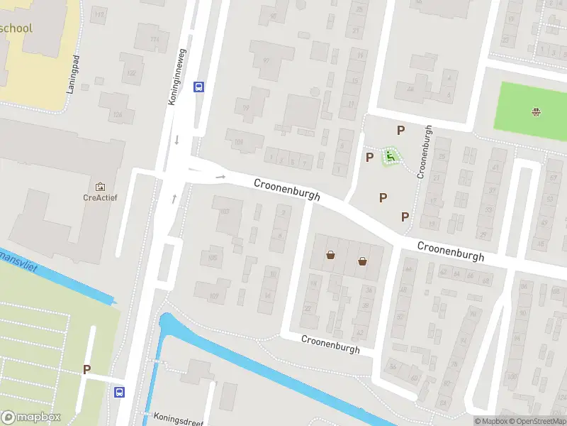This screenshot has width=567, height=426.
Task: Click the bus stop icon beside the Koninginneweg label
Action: (199, 87)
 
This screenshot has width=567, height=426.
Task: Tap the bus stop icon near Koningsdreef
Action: (119, 392)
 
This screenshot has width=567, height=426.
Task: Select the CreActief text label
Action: (99, 198)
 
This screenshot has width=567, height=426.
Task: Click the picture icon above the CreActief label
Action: (99, 186)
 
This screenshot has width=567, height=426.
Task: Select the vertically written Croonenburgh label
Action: (424, 151)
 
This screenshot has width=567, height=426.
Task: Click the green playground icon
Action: (389, 155)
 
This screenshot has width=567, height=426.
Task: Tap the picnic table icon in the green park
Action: (536, 111)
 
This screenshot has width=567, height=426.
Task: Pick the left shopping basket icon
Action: (330, 255)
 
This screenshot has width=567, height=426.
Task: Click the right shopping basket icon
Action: (363, 261)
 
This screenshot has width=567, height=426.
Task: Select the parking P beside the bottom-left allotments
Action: (87, 369)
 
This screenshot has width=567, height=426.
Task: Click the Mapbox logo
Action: (30, 417)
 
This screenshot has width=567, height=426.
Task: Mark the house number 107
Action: (214, 296)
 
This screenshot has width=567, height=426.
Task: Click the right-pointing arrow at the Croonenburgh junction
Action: (220, 177)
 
